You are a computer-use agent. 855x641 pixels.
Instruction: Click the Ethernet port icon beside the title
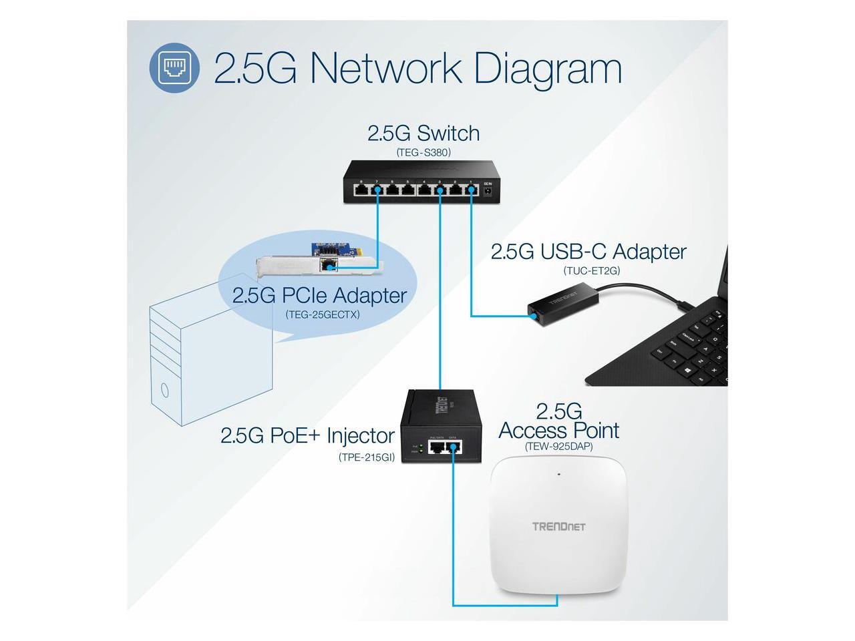point(174,67)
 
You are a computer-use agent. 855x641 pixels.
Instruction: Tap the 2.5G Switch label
point(423,133)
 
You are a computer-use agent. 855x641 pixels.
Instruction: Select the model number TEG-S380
point(423,152)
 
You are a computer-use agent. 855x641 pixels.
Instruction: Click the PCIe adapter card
point(321,262)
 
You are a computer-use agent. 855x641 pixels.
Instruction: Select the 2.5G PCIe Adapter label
point(319,294)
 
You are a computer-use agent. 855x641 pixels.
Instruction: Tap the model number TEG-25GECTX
point(322,314)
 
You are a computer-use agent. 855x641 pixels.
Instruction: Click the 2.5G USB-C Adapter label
point(588,252)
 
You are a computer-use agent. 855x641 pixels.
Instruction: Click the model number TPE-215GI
point(367,457)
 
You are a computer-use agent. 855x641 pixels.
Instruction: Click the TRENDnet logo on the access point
point(558,526)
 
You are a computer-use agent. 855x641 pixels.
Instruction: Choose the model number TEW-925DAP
point(558,446)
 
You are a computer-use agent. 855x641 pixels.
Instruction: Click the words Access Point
point(558,431)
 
